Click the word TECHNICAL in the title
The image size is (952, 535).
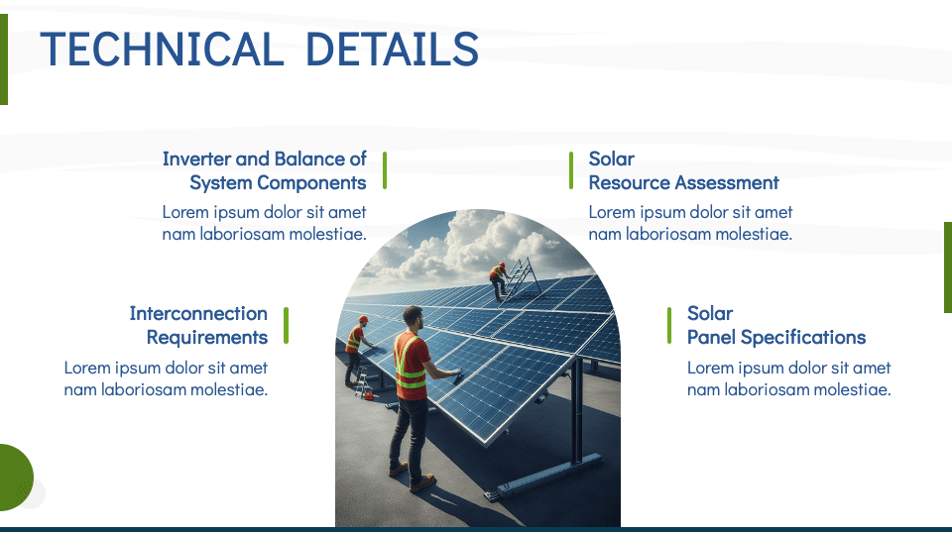pyautogui.click(x=160, y=50)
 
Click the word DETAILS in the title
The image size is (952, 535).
pyautogui.click(x=392, y=50)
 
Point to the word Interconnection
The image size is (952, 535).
pyautogui.click(x=198, y=313)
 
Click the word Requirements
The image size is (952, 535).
pyautogui.click(x=207, y=337)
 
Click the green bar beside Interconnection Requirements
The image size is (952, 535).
pyautogui.click(x=286, y=325)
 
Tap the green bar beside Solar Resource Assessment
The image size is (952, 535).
pyautogui.click(x=571, y=170)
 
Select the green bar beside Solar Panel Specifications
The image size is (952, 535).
pyautogui.click(x=669, y=325)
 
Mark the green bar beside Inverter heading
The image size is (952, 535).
pyautogui.click(x=384, y=170)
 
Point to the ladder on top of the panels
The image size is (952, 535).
pyautogui.click(x=525, y=276)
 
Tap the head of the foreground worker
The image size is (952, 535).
pyautogui.click(x=413, y=318)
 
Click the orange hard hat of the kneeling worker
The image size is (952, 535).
pyautogui.click(x=364, y=319)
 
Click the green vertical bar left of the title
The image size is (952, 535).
pyautogui.click(x=3, y=59)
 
